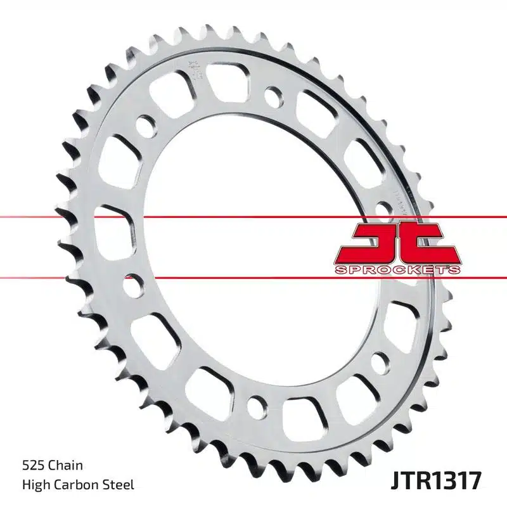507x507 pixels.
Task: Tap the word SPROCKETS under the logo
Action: (397, 271)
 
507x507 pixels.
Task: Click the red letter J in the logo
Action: (373, 242)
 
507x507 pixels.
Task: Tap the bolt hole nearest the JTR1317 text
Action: (379, 362)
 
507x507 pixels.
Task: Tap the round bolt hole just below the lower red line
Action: (132, 285)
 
